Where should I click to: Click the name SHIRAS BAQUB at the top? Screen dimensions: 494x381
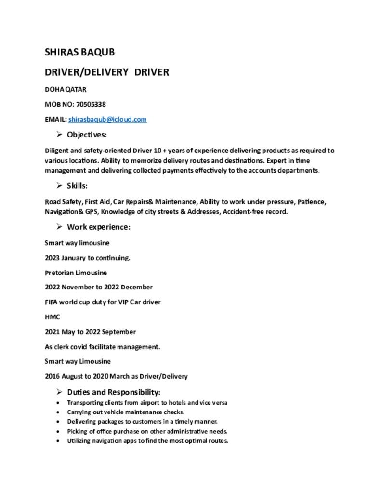79,52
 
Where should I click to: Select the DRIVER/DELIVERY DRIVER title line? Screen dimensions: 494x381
106,72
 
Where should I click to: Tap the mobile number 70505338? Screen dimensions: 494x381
91,104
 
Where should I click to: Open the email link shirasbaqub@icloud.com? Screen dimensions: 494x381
107,119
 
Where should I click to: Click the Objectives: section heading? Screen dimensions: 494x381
87,134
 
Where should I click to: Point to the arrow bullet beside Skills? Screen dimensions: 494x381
59,185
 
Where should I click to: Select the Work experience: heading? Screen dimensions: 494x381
99,227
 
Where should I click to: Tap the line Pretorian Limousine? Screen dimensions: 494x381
76,273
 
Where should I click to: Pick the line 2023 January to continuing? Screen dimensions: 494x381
87,258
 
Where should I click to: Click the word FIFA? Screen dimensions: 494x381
52,302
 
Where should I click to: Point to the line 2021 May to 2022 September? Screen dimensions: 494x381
90,332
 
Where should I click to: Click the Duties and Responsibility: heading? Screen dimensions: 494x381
114,392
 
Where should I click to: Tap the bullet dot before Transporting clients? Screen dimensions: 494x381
58,403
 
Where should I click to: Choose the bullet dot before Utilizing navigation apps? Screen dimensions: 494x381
58,441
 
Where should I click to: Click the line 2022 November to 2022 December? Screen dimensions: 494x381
98,287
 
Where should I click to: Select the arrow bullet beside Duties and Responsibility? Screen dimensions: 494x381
59,391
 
